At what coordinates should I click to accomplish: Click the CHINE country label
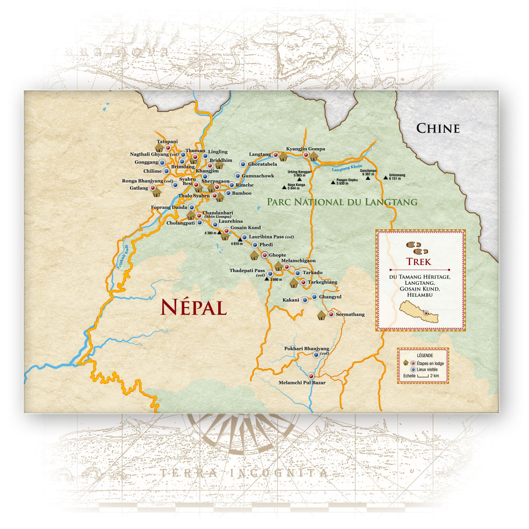coord(438,128)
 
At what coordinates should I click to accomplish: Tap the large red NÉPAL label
coord(194,307)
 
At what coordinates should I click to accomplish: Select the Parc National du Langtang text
coord(342,202)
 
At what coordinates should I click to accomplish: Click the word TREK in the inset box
coord(419,261)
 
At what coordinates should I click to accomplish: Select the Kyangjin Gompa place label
coord(305,149)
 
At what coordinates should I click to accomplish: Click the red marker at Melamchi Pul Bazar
coord(311,376)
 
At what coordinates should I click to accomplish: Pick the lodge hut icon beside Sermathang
coord(322,315)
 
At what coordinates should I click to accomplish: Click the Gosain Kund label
coord(245,227)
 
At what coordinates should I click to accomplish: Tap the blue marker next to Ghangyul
coord(314,297)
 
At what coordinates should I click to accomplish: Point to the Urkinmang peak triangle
coord(386,178)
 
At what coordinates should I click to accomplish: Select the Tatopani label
coord(167,142)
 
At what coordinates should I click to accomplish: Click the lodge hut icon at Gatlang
coord(156,192)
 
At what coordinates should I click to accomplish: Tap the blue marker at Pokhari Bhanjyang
coord(316,354)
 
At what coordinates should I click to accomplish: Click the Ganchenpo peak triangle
coord(368,178)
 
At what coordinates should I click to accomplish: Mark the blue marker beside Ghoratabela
coord(242,164)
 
